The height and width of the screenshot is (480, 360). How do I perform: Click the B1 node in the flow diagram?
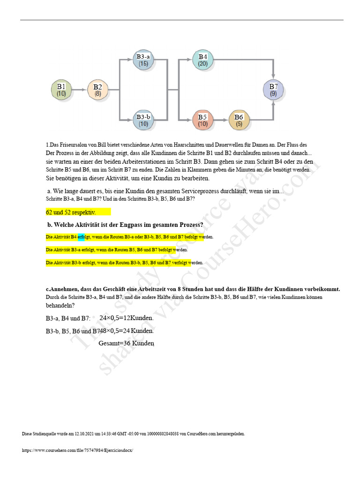[x=61, y=89]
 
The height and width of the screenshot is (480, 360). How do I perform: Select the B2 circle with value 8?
[x=97, y=89]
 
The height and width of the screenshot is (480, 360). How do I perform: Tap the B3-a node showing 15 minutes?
[x=143, y=60]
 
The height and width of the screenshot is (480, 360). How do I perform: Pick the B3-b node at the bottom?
[x=143, y=120]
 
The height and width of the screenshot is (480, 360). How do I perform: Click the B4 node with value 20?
[x=202, y=60]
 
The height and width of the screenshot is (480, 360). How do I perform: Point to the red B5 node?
[x=202, y=120]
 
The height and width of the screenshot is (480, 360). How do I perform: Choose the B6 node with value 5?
[x=239, y=120]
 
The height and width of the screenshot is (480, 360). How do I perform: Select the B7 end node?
[x=273, y=89]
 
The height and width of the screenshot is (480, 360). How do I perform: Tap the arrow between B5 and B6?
[x=221, y=120]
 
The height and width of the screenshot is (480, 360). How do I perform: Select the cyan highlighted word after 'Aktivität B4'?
[x=81, y=237]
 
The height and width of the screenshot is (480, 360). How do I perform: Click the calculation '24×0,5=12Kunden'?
[x=127, y=318]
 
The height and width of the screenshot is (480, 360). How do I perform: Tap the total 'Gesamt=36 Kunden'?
[x=126, y=343]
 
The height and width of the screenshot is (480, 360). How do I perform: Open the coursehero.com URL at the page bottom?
[x=78, y=450]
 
